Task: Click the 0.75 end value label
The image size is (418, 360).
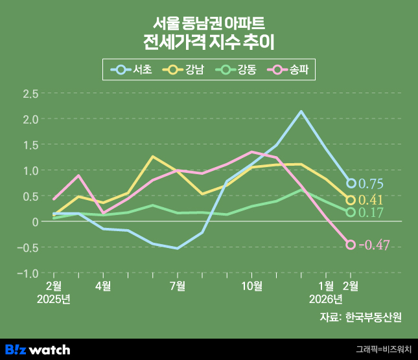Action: [x=371, y=184]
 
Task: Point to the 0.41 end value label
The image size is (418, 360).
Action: [x=371, y=200]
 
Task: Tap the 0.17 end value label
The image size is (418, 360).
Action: [x=371, y=212]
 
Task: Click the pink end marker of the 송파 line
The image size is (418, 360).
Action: [x=351, y=245]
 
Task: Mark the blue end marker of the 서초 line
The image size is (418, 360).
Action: [x=351, y=183]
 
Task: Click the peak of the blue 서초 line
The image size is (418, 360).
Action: [x=301, y=111]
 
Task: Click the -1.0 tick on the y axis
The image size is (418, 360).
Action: [x=29, y=273]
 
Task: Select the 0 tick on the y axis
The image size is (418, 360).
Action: [x=36, y=222]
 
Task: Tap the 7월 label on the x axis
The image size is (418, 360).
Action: [x=178, y=286]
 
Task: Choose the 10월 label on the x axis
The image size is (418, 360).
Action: [x=251, y=286]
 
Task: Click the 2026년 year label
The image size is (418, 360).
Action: [x=326, y=298]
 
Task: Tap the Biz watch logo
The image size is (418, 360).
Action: [x=38, y=350]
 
